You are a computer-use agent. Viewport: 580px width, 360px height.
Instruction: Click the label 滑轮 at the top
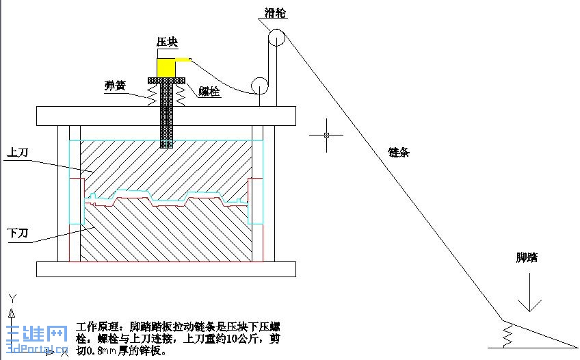click(x=276, y=13)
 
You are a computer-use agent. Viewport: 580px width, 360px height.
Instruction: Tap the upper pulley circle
click(x=276, y=38)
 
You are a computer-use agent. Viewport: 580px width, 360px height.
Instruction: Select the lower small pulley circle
click(x=260, y=85)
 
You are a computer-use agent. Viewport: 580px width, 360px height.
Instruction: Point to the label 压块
click(x=168, y=42)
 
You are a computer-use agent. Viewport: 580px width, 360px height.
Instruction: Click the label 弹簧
click(x=115, y=86)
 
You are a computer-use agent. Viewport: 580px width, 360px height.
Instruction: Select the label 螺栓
click(x=210, y=91)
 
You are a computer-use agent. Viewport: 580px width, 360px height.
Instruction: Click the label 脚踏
click(x=527, y=258)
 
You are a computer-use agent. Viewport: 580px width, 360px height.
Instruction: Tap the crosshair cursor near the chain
click(x=326, y=135)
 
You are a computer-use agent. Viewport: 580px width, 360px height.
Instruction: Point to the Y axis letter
click(x=12, y=298)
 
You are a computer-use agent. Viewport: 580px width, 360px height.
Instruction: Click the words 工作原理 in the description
click(x=98, y=327)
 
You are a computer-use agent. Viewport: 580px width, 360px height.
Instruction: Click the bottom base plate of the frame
click(x=167, y=269)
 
